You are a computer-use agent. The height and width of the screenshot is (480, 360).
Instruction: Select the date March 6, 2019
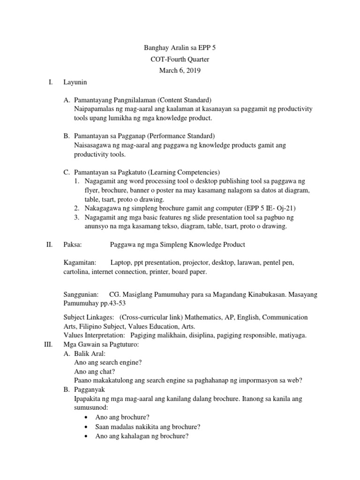(180, 70)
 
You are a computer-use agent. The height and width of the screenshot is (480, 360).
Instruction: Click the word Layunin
(75, 82)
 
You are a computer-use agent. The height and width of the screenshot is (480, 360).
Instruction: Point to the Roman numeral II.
(49, 244)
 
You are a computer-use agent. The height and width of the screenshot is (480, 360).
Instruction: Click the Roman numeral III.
(48, 345)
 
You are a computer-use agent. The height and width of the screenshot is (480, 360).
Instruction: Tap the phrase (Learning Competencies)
(183, 172)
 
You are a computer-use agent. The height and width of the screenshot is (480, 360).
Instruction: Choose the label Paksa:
(73, 244)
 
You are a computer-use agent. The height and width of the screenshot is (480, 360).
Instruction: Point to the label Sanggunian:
(81, 295)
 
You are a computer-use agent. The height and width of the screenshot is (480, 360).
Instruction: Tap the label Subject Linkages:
(89, 317)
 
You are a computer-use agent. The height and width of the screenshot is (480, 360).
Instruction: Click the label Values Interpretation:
(94, 336)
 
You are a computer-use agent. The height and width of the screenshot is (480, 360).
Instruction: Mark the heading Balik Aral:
(90, 354)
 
